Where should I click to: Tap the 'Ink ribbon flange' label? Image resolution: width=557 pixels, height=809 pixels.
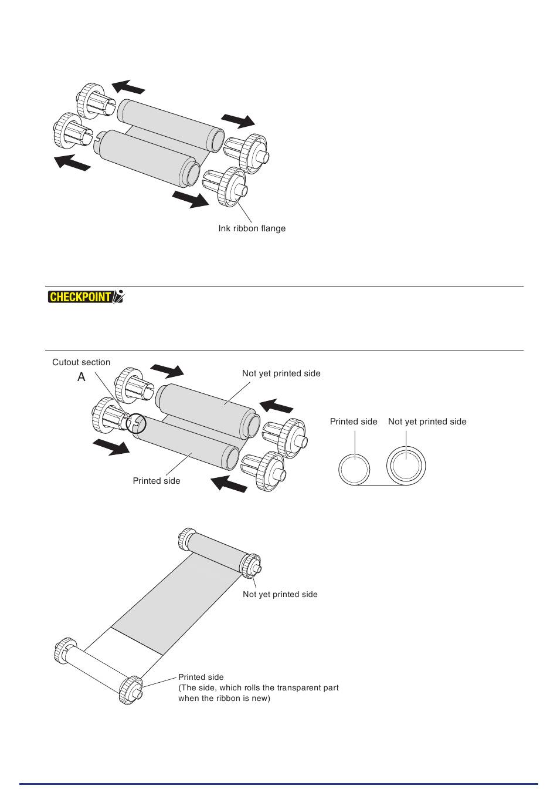[x=252, y=228]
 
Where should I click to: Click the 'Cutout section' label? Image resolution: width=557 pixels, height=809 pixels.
[x=81, y=362]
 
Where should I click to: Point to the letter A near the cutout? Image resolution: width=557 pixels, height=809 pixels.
[x=81, y=377]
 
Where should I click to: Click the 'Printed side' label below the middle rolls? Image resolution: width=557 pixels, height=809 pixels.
[x=156, y=481]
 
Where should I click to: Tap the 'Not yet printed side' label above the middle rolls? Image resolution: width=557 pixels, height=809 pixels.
[x=281, y=373]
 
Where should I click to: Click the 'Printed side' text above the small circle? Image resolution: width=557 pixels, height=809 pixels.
[x=353, y=422]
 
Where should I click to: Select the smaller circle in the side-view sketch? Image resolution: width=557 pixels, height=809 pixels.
[x=354, y=469]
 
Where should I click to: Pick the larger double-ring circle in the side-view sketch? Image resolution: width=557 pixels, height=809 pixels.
[x=406, y=467]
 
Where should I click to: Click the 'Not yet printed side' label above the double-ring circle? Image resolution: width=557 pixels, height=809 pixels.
[x=427, y=422]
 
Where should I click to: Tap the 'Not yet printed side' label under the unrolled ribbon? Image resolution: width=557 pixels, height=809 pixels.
[x=280, y=594]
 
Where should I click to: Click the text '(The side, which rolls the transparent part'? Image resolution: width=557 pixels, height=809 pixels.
[x=258, y=687]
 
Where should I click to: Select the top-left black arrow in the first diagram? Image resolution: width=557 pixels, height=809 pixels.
[x=128, y=87]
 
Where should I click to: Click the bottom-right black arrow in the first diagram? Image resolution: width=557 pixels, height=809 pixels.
[x=191, y=198]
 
